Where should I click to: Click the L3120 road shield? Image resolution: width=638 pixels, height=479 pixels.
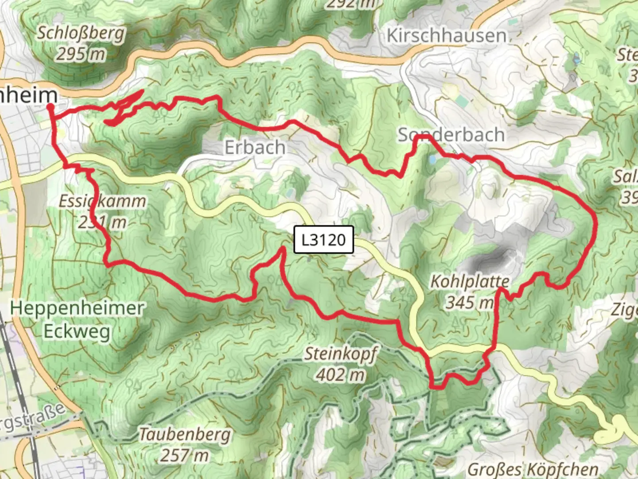[323, 240]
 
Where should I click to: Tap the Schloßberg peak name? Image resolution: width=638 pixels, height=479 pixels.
[81, 33]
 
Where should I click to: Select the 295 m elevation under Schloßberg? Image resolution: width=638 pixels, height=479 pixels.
[81, 54]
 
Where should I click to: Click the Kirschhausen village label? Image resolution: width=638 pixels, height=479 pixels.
[446, 35]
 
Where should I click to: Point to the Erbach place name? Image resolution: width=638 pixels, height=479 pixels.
[255, 147]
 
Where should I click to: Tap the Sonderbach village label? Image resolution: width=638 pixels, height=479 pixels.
[451, 134]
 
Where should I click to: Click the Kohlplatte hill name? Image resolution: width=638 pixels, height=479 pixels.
[470, 281]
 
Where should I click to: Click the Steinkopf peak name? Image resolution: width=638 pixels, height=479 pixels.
[340, 354]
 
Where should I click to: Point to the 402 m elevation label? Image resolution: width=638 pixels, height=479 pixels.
[340, 375]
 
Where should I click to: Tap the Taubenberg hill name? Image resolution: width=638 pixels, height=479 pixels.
[185, 434]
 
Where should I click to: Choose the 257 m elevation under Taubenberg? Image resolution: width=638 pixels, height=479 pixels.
[185, 455]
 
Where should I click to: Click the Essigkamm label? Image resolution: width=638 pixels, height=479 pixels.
[102, 201]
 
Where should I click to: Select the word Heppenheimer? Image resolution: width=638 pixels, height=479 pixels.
[77, 308]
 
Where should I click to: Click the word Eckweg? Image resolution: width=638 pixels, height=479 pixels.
[77, 331]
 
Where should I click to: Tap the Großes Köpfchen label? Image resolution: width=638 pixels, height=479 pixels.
[533, 469]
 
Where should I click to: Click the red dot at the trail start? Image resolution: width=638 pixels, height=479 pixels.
[51, 106]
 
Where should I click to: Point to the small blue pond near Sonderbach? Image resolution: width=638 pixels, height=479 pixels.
[432, 159]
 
